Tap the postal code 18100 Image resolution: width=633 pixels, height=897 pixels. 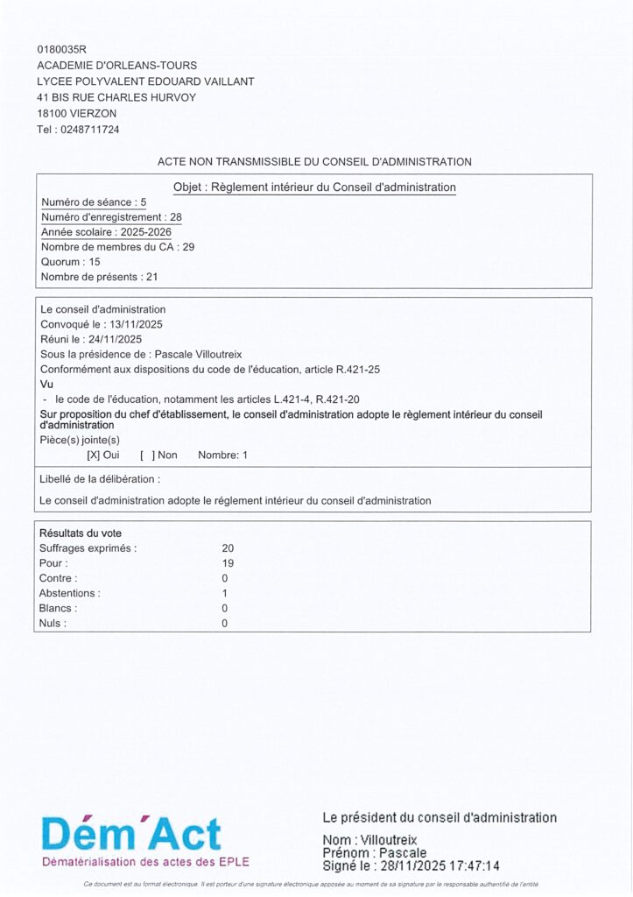pos(52,114)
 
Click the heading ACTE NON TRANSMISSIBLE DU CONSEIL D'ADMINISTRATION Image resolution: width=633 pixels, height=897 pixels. pos(314,162)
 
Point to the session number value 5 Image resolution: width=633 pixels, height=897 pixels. pos(144,202)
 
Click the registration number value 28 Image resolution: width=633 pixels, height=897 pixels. pos(176,217)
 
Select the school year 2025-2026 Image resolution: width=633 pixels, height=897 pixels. pos(146,232)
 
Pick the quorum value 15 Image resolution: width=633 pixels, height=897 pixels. pos(95,262)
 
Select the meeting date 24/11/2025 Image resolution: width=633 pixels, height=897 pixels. pos(116,339)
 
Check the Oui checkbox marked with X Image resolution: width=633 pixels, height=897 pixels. pos(92,456)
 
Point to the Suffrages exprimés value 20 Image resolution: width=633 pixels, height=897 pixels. pos(228,548)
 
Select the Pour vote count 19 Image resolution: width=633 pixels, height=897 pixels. pos(228,563)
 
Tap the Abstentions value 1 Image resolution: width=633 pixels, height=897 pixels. pos(225,593)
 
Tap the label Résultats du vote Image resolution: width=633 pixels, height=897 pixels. pos(81,533)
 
